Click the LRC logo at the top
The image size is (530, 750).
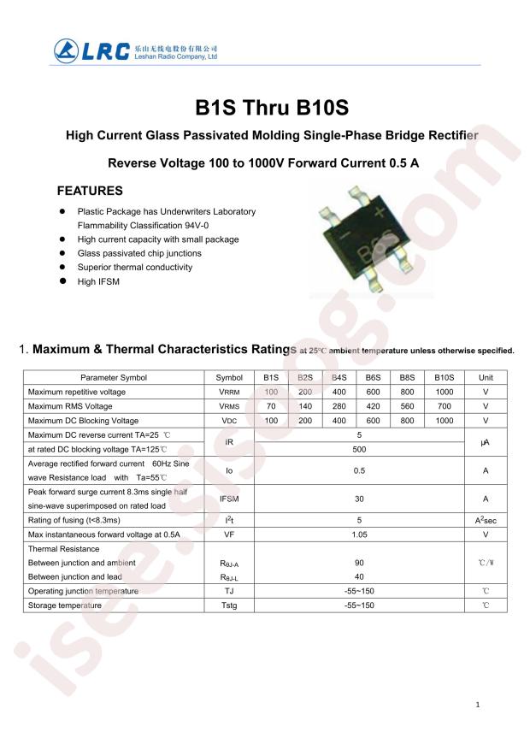click(x=91, y=50)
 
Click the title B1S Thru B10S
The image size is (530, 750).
click(x=272, y=109)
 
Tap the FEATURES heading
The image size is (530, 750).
click(x=90, y=191)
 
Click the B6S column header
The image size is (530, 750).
click(x=373, y=377)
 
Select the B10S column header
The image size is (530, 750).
click(x=444, y=377)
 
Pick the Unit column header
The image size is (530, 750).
click(x=486, y=377)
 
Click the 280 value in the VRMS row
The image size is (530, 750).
click(x=339, y=406)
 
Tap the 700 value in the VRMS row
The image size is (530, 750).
click(x=444, y=406)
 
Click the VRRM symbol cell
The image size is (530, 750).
click(x=229, y=392)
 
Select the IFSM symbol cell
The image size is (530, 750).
click(x=229, y=499)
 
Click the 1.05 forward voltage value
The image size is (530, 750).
click(x=359, y=534)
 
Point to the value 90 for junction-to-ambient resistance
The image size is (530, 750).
click(x=359, y=563)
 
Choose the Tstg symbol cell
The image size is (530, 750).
click(x=229, y=605)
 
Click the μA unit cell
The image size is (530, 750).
click(x=486, y=442)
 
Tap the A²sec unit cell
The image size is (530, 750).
click(x=486, y=520)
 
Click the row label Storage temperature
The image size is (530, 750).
click(x=65, y=605)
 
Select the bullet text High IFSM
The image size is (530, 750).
click(x=98, y=281)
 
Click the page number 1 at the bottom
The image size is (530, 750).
click(x=478, y=705)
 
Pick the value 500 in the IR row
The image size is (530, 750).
click(x=359, y=449)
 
